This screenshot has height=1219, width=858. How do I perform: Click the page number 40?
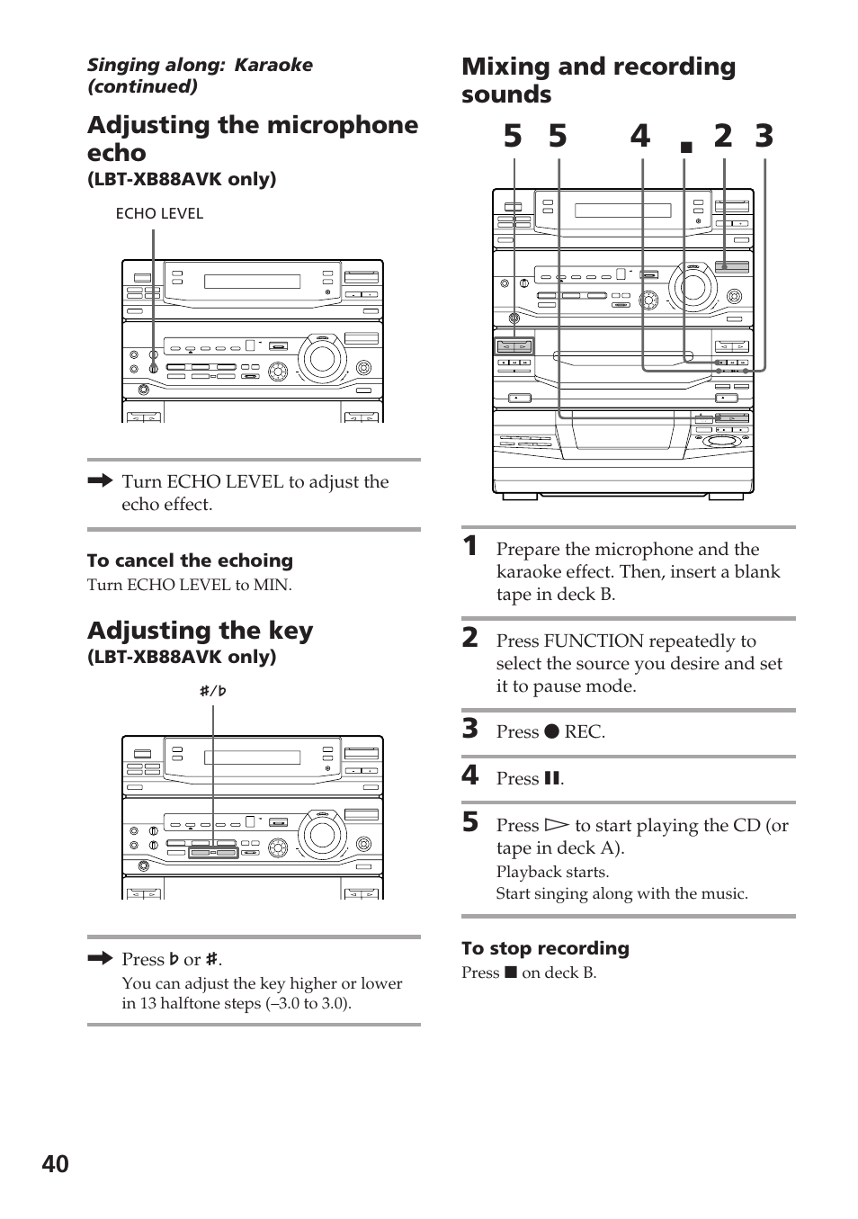coord(55,1164)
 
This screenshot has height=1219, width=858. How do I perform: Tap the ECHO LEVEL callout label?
coord(159,213)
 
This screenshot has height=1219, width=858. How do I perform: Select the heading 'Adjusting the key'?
coord(200,631)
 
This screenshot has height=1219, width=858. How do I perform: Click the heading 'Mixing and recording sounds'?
coord(598,80)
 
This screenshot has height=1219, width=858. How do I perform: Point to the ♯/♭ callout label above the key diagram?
coord(213,691)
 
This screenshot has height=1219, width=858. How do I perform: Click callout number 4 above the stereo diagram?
coord(639,137)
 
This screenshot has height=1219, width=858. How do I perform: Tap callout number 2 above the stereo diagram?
coord(723,137)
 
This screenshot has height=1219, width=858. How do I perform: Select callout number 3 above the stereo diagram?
coord(764,137)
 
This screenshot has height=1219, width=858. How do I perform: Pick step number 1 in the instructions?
coord(469,545)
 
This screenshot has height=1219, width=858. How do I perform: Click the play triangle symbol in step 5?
coord(558,825)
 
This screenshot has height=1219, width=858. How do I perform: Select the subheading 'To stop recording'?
coord(545,948)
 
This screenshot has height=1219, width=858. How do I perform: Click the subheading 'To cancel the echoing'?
coord(190,560)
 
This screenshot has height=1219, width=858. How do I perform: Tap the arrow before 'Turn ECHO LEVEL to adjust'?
coord(100,481)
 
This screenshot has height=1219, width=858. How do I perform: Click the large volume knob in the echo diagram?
coord(320,358)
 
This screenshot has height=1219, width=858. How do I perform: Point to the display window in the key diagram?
coord(252,757)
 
